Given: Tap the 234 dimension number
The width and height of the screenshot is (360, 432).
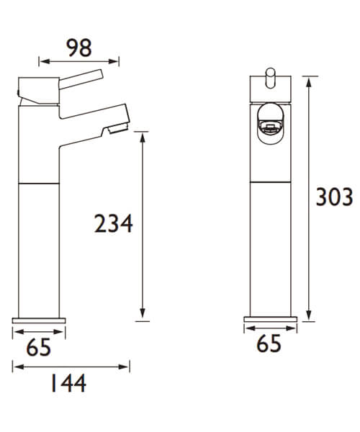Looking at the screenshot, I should (x=114, y=224).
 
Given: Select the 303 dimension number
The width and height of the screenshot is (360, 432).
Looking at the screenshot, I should (x=336, y=196).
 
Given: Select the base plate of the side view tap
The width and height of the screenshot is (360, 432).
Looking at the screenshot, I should (x=39, y=320).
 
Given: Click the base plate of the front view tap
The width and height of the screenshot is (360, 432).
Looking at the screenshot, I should (x=270, y=320).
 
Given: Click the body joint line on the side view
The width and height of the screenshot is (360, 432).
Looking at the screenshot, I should (x=39, y=182).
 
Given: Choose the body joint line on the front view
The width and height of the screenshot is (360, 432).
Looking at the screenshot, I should (x=270, y=182).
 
